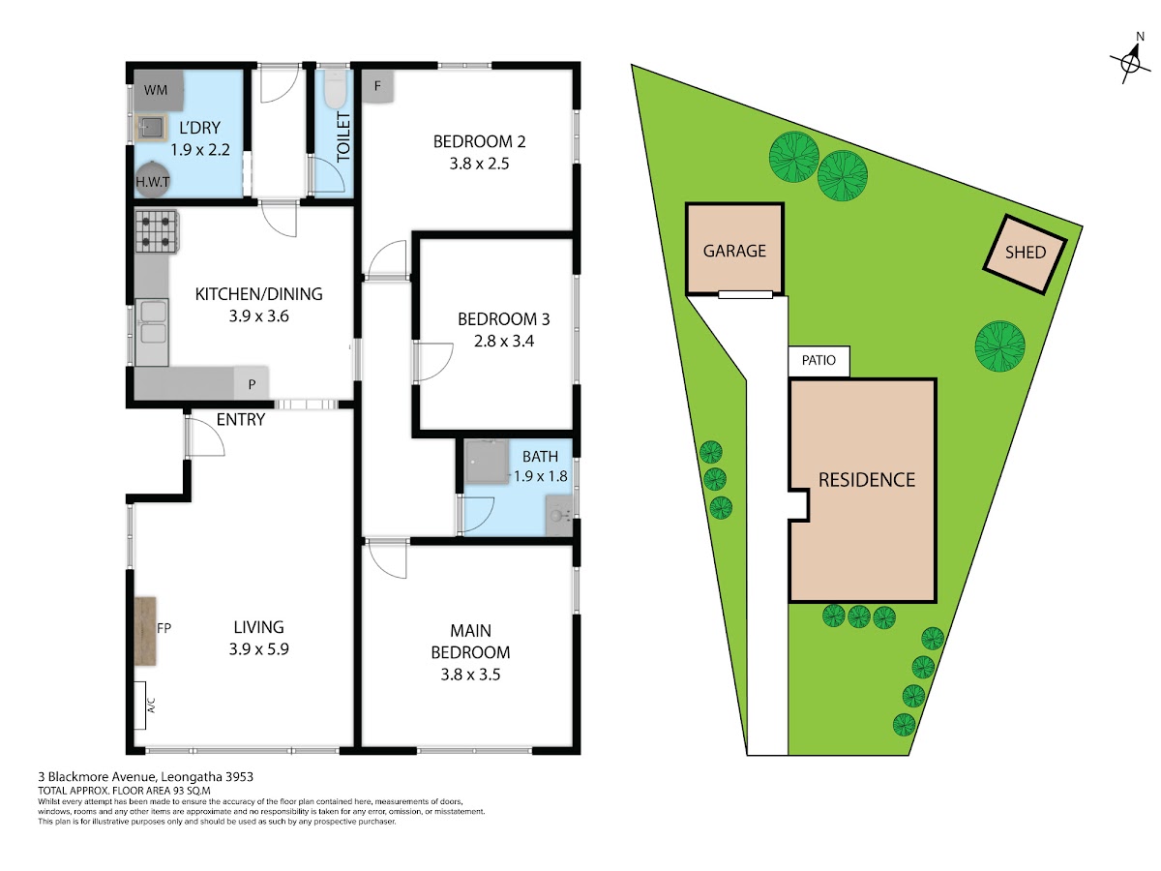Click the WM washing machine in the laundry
pos(158,90)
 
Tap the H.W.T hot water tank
pos(153,180)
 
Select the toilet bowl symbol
pos(335,89)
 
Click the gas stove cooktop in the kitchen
pos(157,231)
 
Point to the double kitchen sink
pos(152,332)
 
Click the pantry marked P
pos(252,383)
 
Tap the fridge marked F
pos(377,86)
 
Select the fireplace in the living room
pos(145,630)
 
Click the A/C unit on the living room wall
pos(139,705)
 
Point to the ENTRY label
pos(241,419)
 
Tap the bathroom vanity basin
pos(558,515)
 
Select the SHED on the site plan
pos(1025,255)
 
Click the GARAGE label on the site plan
pos(734,251)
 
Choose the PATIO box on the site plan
pos(819,361)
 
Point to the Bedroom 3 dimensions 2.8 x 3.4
pos(503,341)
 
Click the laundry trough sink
pos(151,127)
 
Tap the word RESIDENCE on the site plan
pos(866,480)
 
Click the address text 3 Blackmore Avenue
pos(98,777)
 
